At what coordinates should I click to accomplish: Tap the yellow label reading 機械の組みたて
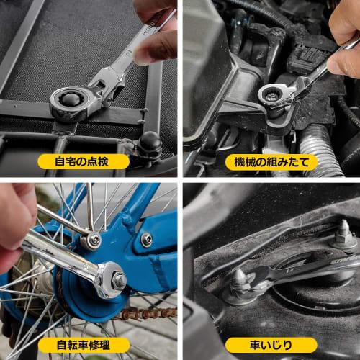pos(271,161)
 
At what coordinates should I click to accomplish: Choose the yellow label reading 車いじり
pos(271,345)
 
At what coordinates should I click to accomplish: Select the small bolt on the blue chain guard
pos(146,240)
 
